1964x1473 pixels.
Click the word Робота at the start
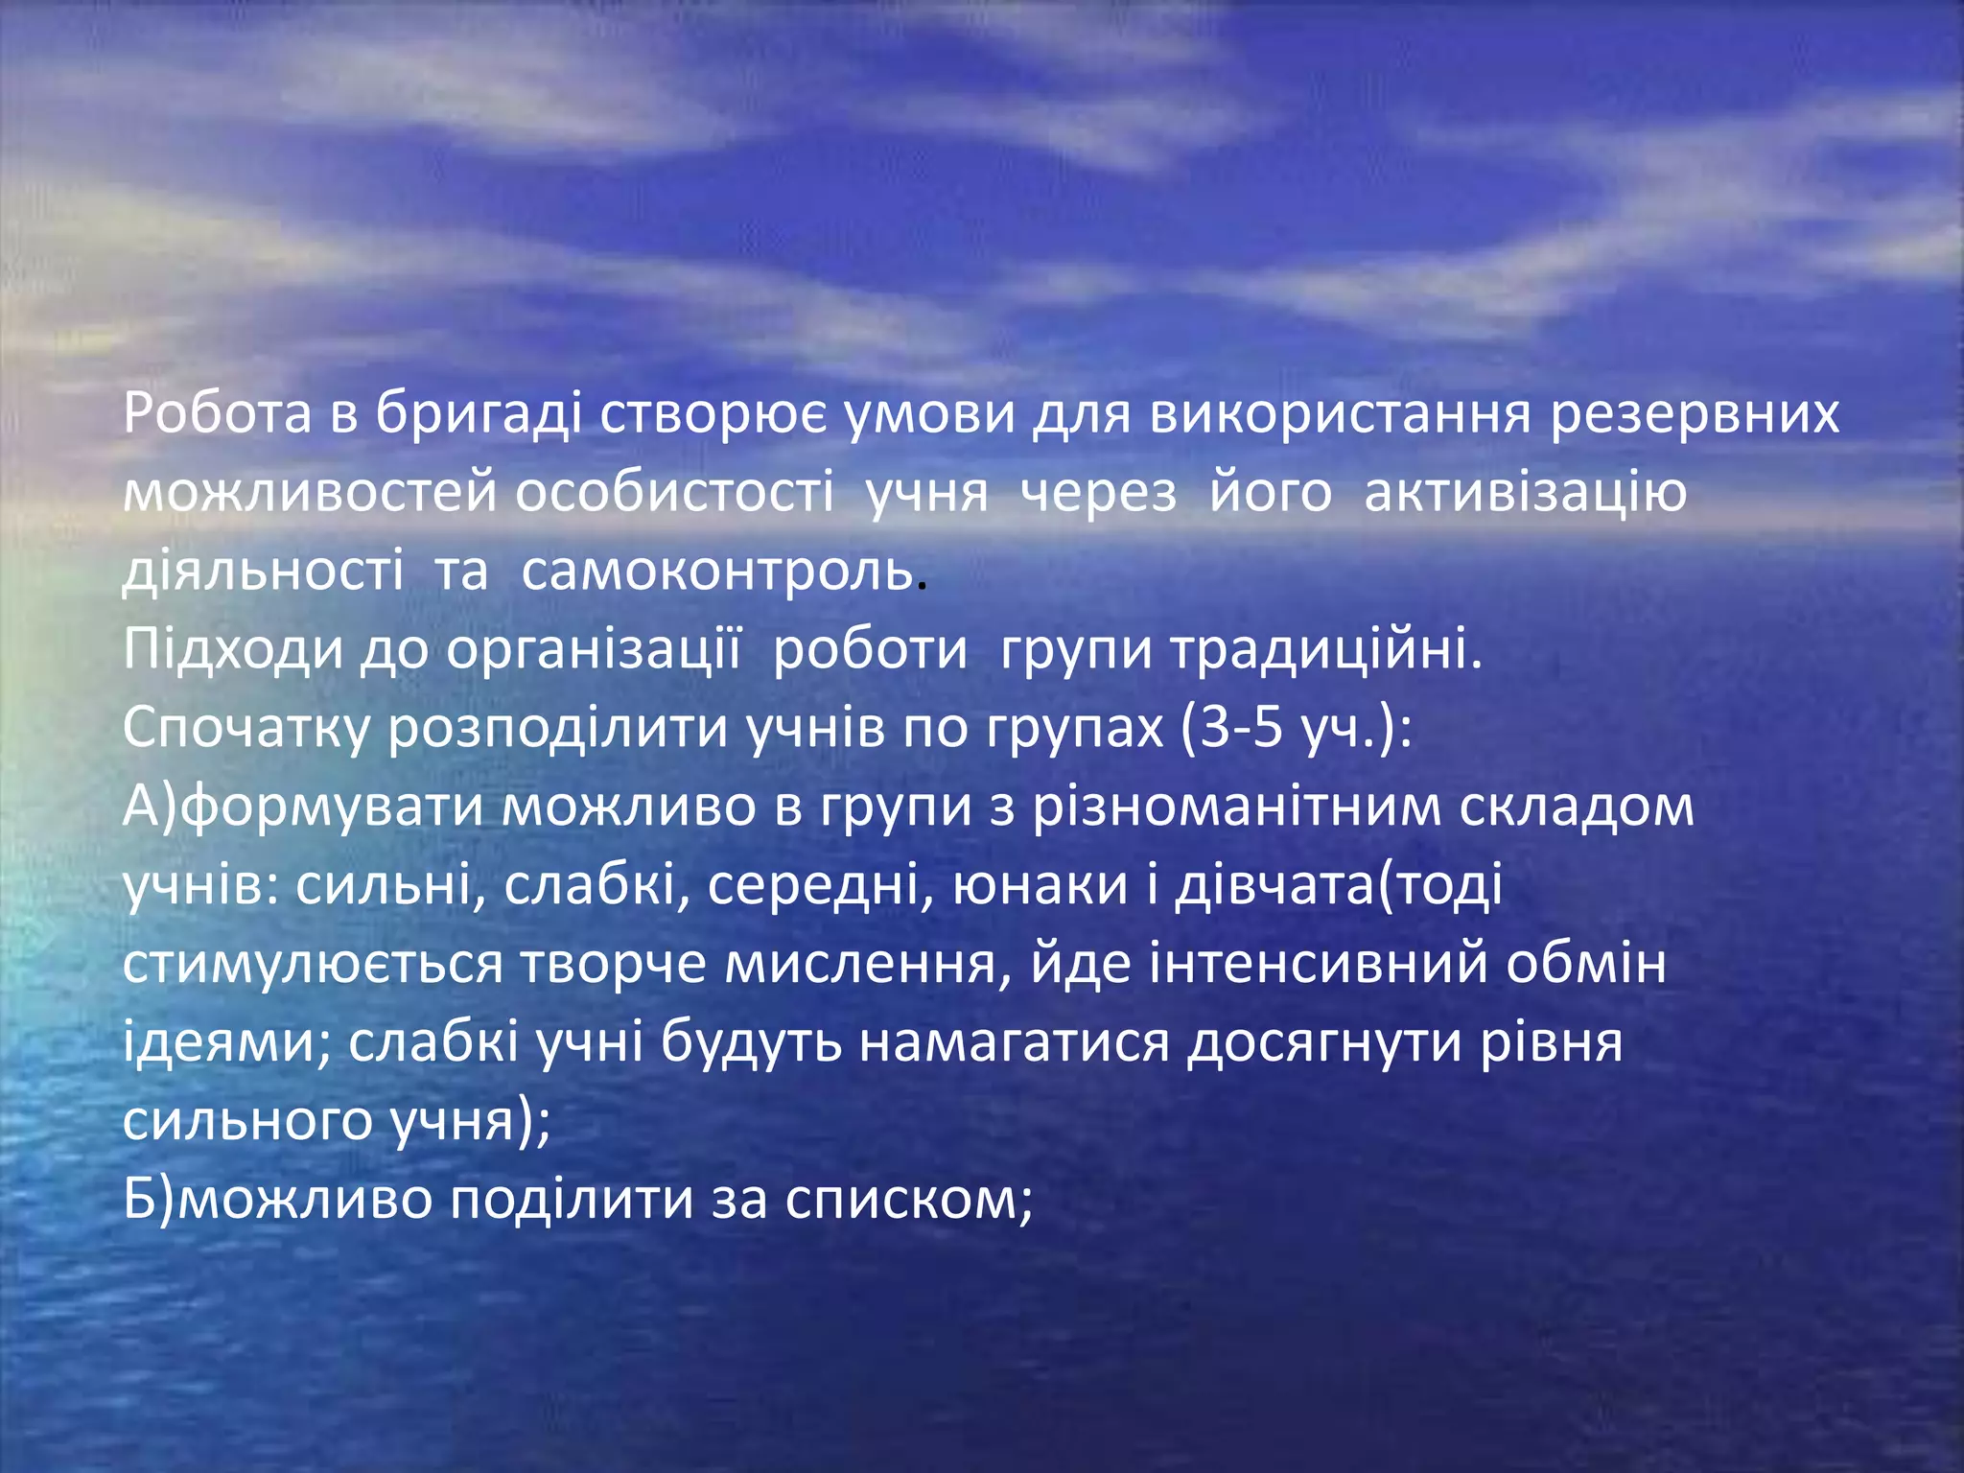[x=218, y=414]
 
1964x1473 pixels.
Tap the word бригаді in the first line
[x=479, y=414]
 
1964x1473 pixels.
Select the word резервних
[x=1695, y=414]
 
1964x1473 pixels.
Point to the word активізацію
[x=1525, y=493]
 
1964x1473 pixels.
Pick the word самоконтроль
[x=717, y=572]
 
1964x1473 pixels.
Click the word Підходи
[x=233, y=650]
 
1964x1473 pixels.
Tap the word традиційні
[x=1326, y=650]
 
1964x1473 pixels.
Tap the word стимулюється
[x=313, y=965]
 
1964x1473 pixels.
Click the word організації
[x=594, y=650]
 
